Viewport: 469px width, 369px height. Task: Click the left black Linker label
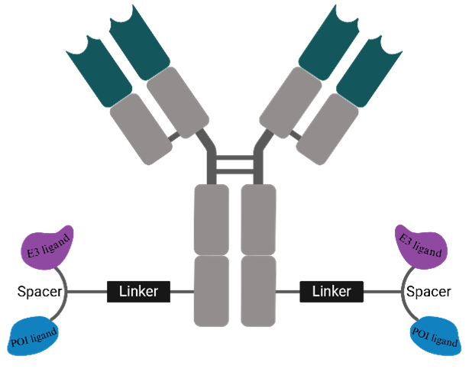(x=138, y=291)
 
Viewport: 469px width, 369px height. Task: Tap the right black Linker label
(x=332, y=291)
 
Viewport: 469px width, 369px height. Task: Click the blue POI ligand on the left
(x=35, y=335)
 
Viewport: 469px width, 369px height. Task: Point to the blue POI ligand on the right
(x=435, y=335)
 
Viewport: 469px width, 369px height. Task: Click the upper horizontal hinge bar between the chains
(x=234, y=158)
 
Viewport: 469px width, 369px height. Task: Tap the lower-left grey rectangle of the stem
(x=211, y=290)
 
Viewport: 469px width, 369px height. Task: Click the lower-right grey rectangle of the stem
(x=258, y=290)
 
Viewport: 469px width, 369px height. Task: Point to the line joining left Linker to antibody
(x=181, y=291)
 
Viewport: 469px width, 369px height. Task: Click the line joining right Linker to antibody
(x=288, y=291)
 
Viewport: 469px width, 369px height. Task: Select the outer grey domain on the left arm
(x=141, y=128)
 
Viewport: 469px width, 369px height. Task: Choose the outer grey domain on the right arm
(x=328, y=128)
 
